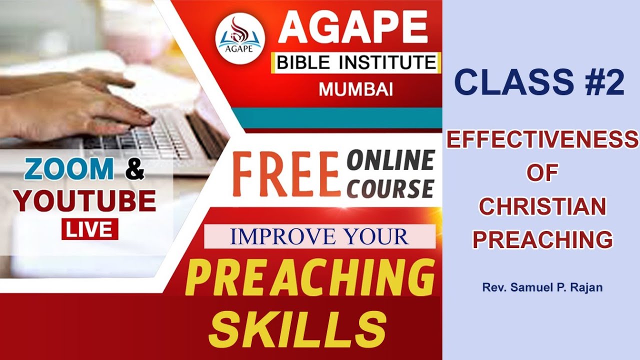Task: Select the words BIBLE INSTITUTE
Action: (356, 63)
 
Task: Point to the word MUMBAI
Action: (355, 89)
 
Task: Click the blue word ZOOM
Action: (69, 170)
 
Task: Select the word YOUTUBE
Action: (85, 201)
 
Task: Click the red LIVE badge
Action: (90, 229)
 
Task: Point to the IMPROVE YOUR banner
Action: (319, 237)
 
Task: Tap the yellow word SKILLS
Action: (298, 328)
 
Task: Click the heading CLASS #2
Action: (539, 82)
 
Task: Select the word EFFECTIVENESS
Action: (542, 139)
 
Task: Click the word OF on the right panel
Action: (542, 173)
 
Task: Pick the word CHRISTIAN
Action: (542, 206)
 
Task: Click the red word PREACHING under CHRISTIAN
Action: (542, 239)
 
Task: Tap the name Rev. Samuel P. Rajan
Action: (542, 288)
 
